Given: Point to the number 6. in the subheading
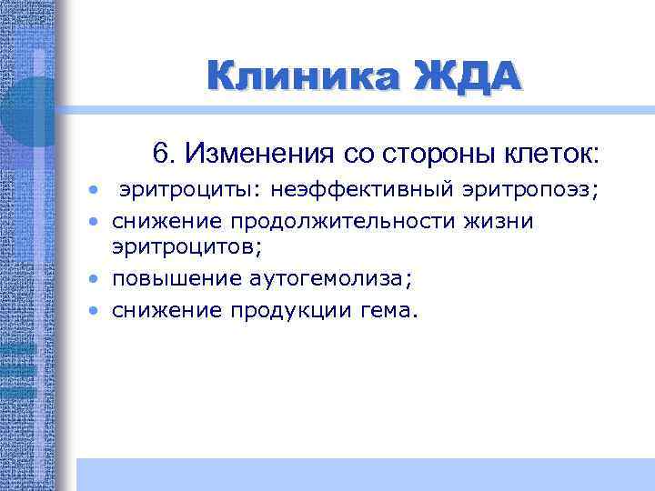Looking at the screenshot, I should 163,153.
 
